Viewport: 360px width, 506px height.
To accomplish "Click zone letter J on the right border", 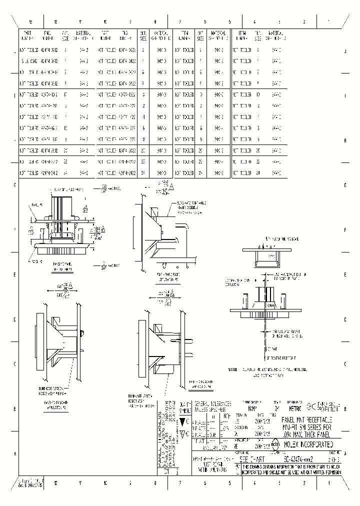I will click(345, 51).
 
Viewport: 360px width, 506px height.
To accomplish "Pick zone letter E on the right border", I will click(345, 275).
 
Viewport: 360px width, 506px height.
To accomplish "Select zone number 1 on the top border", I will click(328, 22).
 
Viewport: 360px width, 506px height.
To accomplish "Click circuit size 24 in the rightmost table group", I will click(258, 173).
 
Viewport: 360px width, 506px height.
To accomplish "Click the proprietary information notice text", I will click(292, 469).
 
